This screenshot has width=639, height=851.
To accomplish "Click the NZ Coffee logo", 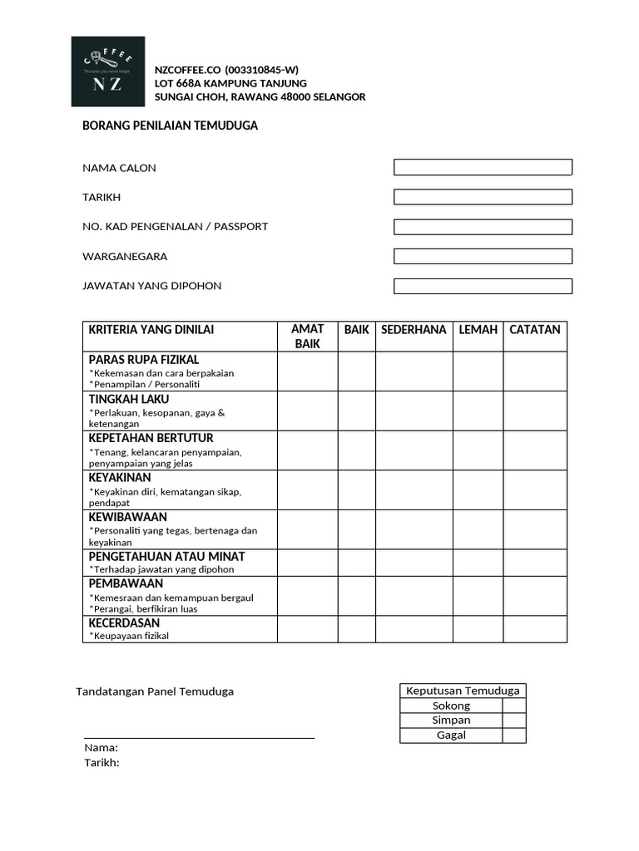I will tap(108, 71).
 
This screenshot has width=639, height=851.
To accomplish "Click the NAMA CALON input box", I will tap(483, 167).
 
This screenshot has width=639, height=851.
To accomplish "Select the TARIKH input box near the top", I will tap(483, 197).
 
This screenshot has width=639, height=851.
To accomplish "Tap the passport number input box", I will tap(483, 227).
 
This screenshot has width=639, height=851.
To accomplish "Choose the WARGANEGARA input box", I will tap(483, 256).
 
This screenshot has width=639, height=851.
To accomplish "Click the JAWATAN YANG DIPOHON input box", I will tap(483, 286).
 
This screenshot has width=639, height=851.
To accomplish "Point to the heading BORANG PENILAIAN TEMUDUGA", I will tap(170, 125).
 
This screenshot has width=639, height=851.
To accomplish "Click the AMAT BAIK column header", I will tap(308, 336).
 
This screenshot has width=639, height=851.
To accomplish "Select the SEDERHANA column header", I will tap(414, 330).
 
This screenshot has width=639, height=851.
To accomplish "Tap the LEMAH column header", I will tap(478, 330).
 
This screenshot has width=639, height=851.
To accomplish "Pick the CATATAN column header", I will tap(535, 330).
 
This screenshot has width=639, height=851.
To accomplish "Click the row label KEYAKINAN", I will tap(120, 478).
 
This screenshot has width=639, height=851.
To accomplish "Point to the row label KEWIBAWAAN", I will tap(128, 517).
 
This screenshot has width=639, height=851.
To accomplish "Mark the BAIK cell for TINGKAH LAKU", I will tap(357, 411).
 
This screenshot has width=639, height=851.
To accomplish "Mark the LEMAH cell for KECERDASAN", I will tap(478, 629).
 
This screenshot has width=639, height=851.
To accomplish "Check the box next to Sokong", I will tap(514, 706).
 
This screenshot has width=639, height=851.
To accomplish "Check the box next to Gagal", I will tap(514, 735).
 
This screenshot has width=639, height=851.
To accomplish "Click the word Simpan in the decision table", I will tap(451, 721).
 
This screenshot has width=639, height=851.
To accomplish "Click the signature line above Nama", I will tap(200, 736).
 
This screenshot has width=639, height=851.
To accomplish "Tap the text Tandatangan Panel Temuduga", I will tap(155, 691).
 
